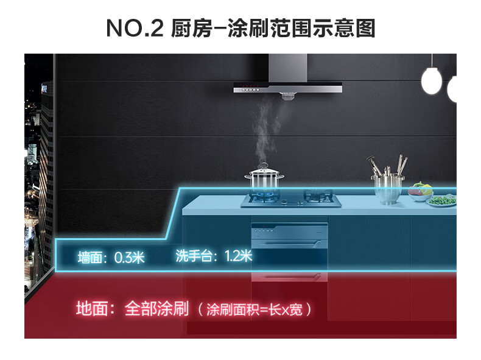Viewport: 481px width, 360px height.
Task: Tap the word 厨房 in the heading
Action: (184, 28)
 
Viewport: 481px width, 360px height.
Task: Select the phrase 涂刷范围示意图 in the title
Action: (301, 28)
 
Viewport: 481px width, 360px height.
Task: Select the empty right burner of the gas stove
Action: (318, 196)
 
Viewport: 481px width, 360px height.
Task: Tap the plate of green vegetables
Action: (443, 200)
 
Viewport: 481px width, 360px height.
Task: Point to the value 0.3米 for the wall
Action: (129, 257)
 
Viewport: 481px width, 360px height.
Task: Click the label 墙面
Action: (91, 257)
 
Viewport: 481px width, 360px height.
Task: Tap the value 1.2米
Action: (238, 256)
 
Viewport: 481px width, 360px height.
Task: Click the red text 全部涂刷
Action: (157, 308)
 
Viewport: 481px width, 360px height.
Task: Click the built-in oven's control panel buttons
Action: (262, 230)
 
